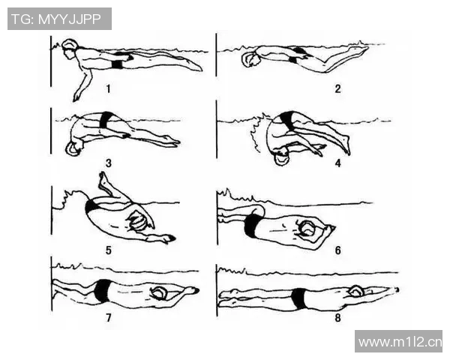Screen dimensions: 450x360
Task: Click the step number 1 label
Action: point(108,88)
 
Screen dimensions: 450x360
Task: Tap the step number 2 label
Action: point(337,88)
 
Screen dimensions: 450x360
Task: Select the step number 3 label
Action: point(109,163)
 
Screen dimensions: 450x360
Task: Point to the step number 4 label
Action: point(338,163)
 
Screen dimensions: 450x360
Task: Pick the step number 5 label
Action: point(109,250)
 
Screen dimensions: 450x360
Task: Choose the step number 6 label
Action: point(338,250)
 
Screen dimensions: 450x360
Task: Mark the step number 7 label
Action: point(109,318)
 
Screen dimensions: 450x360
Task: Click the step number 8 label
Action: point(337,318)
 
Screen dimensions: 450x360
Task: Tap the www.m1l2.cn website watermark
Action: point(400,342)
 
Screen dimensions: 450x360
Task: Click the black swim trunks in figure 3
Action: point(106,120)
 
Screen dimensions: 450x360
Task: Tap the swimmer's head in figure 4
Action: point(281,157)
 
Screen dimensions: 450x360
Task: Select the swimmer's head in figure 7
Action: point(158,293)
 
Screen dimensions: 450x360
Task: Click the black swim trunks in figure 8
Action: point(298,298)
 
